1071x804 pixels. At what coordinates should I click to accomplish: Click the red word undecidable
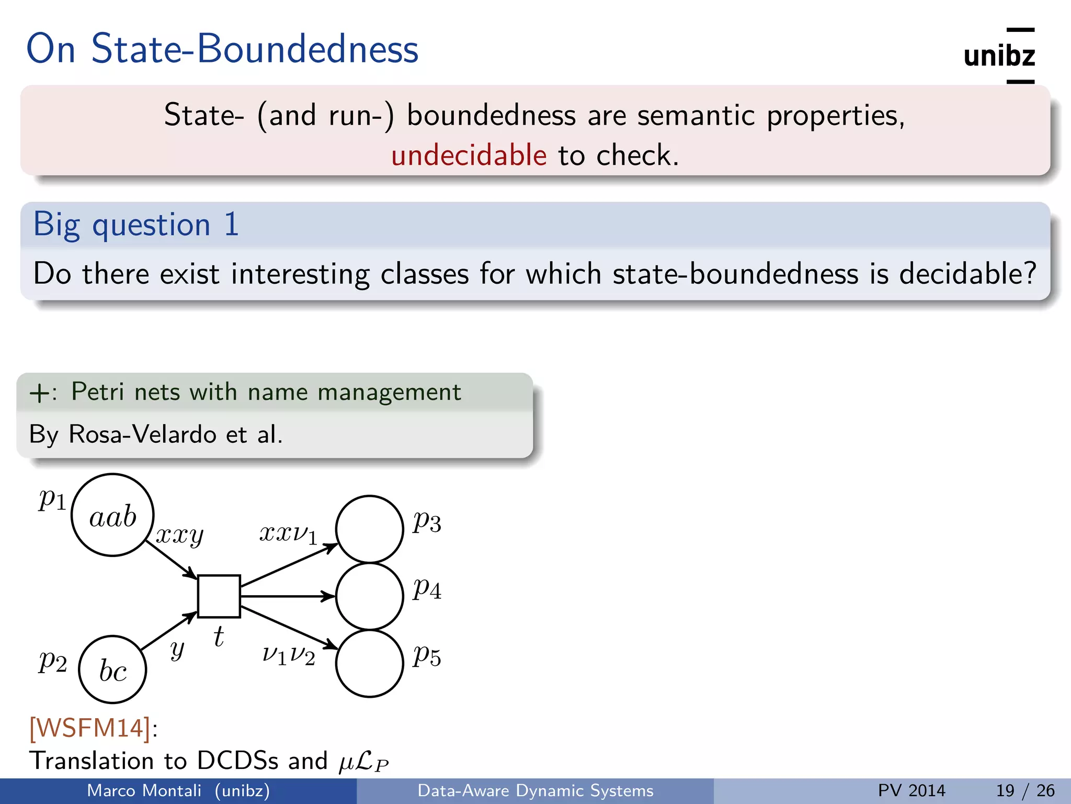[x=469, y=155]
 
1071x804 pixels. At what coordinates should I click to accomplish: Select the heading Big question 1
[x=136, y=225]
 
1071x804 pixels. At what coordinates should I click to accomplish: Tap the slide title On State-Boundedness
[x=222, y=49]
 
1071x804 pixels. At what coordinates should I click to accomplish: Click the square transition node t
[x=219, y=596]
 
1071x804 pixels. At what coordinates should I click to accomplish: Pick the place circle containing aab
[x=112, y=515]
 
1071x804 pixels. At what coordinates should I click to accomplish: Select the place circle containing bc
[x=112, y=669]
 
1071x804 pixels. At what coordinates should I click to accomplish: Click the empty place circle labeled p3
[x=369, y=529]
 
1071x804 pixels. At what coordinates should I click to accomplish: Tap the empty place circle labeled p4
[x=369, y=596]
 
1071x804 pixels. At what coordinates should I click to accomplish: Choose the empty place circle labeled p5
[x=369, y=663]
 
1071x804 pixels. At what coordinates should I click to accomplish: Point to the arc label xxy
[x=179, y=535]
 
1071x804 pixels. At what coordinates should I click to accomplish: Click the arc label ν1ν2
[x=289, y=655]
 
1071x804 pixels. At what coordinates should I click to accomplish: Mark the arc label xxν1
[x=288, y=534]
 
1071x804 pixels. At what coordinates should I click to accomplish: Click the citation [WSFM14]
[x=90, y=728]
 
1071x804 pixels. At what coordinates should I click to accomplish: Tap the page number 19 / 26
[x=1025, y=790]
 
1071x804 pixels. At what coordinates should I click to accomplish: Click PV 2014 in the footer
[x=912, y=790]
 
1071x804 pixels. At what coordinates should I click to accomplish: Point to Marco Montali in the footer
[x=144, y=790]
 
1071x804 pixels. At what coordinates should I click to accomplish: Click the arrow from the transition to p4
[x=288, y=596]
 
